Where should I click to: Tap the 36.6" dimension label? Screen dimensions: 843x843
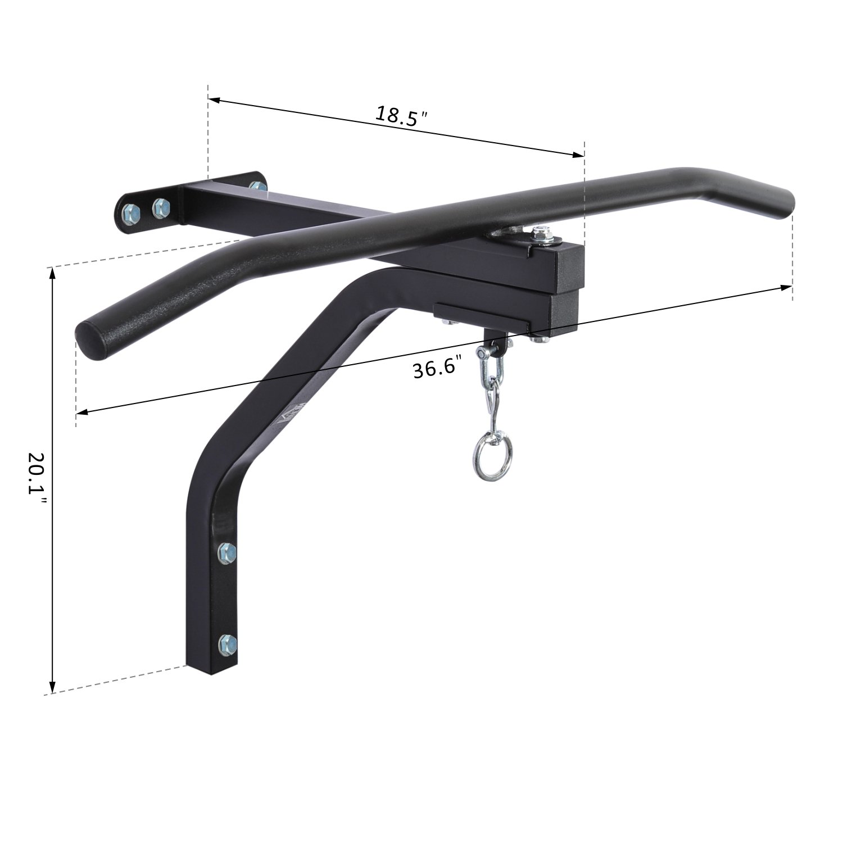(x=439, y=368)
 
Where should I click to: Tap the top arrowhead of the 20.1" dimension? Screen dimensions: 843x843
(x=52, y=274)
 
